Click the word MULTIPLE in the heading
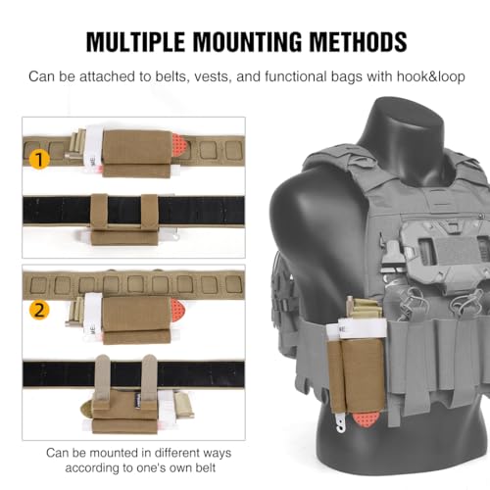tap(135, 41)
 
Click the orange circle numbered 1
tap(39, 160)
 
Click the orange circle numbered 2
tap(39, 310)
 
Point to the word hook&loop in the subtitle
tap(431, 76)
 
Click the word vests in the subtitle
tap(213, 76)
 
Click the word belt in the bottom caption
tap(205, 467)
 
